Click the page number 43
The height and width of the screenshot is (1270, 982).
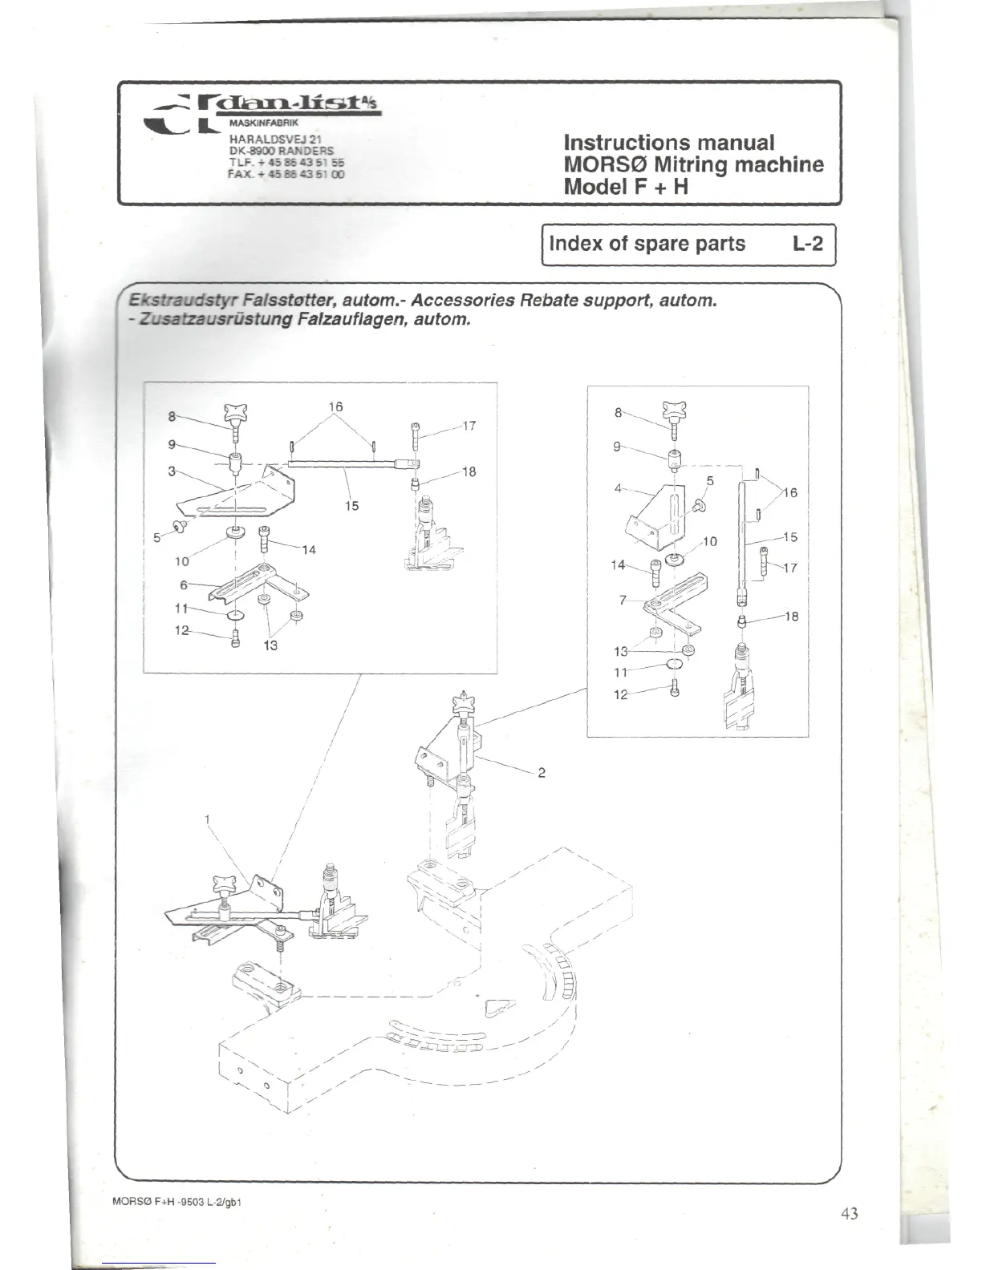(849, 1213)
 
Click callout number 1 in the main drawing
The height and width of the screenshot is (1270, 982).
(207, 819)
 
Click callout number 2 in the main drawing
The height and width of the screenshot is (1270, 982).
(542, 773)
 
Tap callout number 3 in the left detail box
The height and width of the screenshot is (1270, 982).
(171, 471)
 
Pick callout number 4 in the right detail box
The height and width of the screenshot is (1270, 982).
(619, 487)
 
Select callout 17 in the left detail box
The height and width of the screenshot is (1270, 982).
(470, 426)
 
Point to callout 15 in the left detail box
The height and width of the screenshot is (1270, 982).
(351, 506)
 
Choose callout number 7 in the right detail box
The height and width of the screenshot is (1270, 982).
(622, 600)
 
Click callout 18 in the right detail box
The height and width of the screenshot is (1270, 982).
(792, 617)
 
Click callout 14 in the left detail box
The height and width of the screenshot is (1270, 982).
(309, 550)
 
